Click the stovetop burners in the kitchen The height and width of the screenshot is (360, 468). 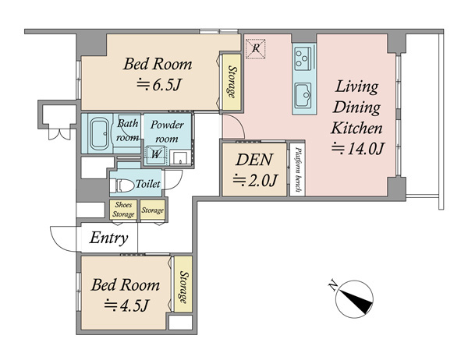click(x=303, y=58)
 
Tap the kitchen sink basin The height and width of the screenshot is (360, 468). click(x=303, y=95)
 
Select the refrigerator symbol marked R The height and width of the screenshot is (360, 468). click(x=255, y=48)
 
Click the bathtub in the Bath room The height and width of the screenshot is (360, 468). click(x=99, y=133)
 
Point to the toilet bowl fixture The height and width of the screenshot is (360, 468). click(x=122, y=185)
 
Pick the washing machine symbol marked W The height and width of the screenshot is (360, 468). click(x=155, y=154)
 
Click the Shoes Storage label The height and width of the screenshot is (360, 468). click(x=123, y=210)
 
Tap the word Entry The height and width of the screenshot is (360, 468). click(x=108, y=238)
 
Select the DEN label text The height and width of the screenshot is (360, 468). click(x=254, y=160)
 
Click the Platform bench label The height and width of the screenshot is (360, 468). click(x=298, y=169)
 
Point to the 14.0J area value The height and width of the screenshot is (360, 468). click(x=357, y=149)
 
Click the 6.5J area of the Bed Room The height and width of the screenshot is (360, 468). click(x=159, y=85)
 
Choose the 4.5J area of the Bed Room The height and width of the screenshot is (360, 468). click(x=126, y=305)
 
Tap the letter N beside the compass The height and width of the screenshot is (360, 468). click(x=333, y=286)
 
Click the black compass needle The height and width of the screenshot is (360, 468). click(x=356, y=302)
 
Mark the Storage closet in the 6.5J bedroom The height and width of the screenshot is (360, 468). click(x=232, y=82)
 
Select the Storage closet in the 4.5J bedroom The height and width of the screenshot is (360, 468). click(x=183, y=285)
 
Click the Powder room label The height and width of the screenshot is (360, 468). click(x=167, y=132)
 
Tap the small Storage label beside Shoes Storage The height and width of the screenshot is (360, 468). click(x=153, y=210)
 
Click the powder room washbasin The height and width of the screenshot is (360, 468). click(x=180, y=157)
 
